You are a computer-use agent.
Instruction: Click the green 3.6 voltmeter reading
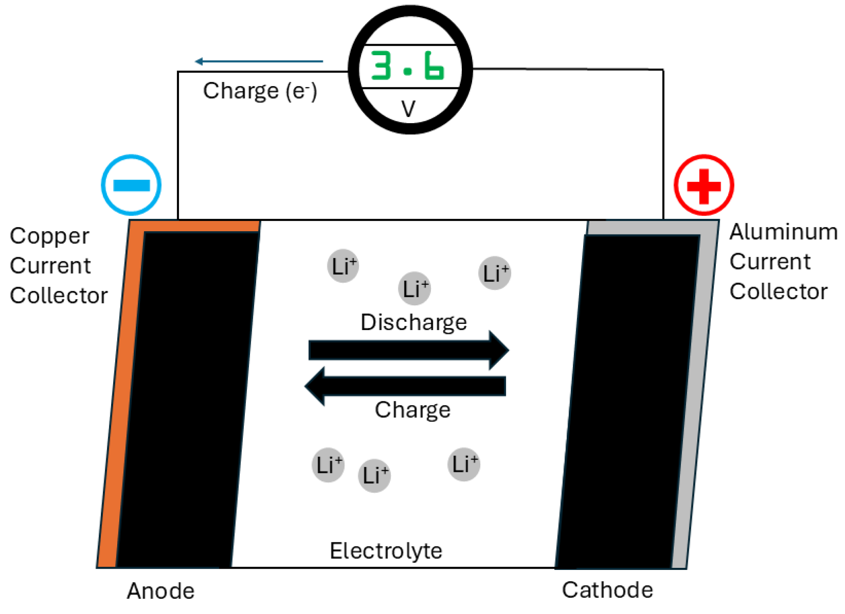(x=407, y=66)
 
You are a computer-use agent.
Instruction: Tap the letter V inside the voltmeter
(x=408, y=109)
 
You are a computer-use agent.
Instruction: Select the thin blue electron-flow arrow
(x=259, y=61)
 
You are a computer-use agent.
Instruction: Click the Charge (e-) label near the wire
(x=260, y=91)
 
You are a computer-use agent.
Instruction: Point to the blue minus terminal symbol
(x=131, y=185)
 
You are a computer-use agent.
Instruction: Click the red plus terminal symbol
(x=704, y=185)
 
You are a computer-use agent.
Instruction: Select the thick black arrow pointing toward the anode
(x=405, y=386)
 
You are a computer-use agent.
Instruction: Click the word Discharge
(x=414, y=322)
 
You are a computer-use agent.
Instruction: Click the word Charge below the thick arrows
(x=412, y=410)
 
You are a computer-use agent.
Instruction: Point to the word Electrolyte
(x=386, y=551)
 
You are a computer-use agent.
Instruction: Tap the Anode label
(x=161, y=591)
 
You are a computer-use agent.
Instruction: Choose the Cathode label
(x=607, y=590)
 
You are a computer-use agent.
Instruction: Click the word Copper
(x=49, y=236)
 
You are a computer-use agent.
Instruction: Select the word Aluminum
(x=783, y=232)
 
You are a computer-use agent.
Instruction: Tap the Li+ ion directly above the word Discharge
(x=414, y=288)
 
